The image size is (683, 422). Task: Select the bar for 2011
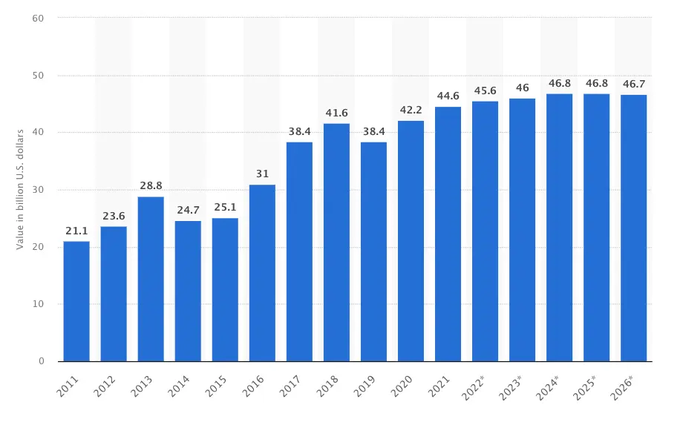click(x=76, y=301)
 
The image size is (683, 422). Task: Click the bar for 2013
click(x=151, y=279)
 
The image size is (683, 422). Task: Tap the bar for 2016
click(x=262, y=273)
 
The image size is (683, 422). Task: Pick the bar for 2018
click(x=336, y=243)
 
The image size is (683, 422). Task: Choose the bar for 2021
click(x=448, y=234)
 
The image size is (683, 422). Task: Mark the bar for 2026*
click(x=633, y=228)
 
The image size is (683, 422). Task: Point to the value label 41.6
click(x=336, y=113)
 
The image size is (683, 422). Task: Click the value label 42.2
click(x=411, y=111)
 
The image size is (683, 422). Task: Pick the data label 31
click(x=262, y=174)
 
